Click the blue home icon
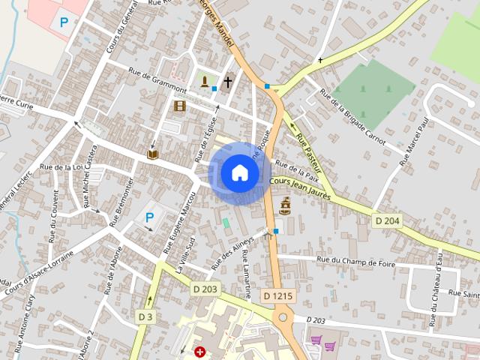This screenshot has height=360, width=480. [240, 172]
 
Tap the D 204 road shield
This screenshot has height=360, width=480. [386, 220]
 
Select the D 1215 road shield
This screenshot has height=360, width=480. [277, 296]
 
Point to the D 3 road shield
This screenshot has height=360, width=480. [145, 317]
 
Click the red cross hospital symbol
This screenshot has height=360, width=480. [200, 351]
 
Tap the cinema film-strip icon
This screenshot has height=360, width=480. [179, 106]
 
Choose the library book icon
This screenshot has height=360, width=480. [153, 154]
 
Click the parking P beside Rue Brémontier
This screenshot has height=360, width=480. [149, 218]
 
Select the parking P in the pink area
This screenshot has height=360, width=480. [64, 22]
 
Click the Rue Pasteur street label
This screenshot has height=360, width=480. [309, 149]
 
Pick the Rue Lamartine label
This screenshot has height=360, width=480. [245, 274]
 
